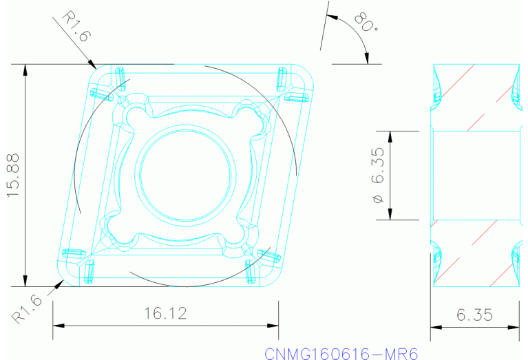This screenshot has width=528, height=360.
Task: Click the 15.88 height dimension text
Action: click(14, 176)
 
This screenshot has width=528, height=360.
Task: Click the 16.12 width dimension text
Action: click(165, 314)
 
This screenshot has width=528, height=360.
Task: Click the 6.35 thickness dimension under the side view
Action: click(475, 315)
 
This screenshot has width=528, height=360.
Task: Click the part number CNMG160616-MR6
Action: click(341, 352)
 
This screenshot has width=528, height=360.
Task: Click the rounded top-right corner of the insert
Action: click(306, 73)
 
